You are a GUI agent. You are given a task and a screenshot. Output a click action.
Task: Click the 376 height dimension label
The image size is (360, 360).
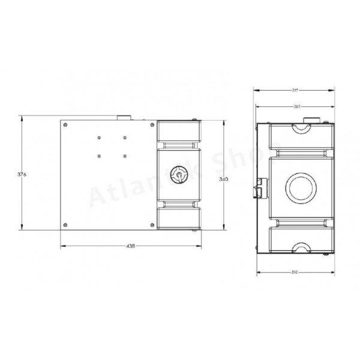point(22,174)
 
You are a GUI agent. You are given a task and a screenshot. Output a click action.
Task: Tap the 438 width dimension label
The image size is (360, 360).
point(130,246)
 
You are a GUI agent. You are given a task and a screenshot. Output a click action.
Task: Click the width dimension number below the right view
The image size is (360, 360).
point(295,272)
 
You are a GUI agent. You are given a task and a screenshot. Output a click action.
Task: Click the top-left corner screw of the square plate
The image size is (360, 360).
point(65,125)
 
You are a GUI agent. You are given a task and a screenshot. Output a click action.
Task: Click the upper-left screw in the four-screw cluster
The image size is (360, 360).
point(98,137)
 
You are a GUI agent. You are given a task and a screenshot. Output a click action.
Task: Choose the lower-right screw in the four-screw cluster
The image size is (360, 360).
point(124,157)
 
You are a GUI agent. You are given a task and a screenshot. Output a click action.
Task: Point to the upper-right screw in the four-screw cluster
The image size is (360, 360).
point(124,137)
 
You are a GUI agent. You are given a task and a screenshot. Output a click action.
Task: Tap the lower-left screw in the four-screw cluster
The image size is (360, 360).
point(98,157)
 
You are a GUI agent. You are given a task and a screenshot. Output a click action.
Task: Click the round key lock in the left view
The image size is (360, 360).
point(178,175)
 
